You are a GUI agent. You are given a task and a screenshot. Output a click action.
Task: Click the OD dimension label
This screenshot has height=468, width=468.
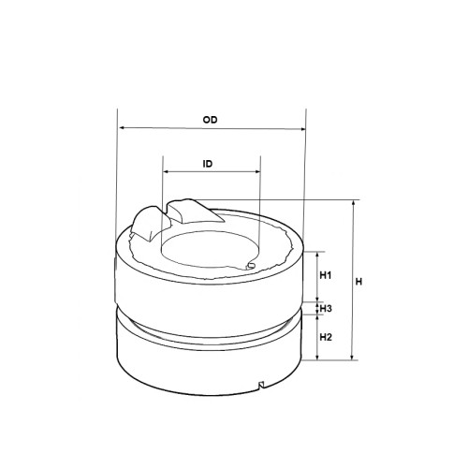[x=210, y=120]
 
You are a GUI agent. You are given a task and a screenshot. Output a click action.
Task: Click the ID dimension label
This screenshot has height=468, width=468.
[x=208, y=164]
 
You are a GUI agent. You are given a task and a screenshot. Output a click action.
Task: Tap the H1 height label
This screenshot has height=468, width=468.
[x=326, y=275]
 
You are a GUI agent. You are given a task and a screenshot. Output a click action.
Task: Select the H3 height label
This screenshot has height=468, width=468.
[x=326, y=309]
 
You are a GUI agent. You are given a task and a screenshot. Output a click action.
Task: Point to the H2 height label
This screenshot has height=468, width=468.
[x=326, y=337]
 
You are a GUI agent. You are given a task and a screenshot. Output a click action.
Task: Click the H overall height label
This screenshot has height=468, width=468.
[x=358, y=282]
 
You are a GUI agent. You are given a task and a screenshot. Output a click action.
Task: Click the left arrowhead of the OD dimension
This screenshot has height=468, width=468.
[x=123, y=127]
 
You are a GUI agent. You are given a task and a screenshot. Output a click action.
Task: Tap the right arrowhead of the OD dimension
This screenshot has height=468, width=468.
[x=302, y=129]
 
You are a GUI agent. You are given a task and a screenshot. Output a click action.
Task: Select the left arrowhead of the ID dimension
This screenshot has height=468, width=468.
[x=167, y=171]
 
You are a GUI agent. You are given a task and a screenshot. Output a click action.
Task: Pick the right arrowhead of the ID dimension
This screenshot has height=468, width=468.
[x=257, y=171]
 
